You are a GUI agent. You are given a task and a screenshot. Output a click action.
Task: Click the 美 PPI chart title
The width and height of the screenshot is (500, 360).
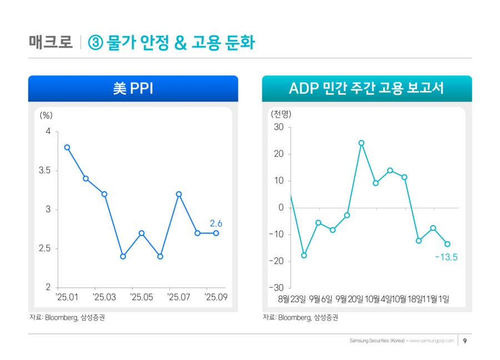[133, 88]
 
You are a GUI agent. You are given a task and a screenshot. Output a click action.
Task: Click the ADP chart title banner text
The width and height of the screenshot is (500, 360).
[367, 88]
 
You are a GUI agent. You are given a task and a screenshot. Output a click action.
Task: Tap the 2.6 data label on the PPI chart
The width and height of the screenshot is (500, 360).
[216, 223]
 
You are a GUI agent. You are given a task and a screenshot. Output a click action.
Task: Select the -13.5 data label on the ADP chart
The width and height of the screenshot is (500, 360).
[446, 257]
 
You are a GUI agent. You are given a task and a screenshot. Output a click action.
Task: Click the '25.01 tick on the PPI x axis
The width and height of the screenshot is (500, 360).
[68, 298]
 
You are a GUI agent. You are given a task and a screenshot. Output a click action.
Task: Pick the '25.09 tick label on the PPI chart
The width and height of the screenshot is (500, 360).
[216, 298]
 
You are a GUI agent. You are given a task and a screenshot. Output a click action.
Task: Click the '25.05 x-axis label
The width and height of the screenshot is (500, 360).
[142, 298]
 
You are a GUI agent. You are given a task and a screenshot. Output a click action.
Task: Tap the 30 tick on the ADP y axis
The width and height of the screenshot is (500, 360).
[278, 127]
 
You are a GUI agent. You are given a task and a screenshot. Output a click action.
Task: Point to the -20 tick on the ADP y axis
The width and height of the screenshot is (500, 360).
[276, 261]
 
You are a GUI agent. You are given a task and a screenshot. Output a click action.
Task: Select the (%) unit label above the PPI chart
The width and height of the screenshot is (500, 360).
[46, 116]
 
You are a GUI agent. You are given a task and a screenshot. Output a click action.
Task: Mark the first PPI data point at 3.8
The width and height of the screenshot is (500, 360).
[67, 147]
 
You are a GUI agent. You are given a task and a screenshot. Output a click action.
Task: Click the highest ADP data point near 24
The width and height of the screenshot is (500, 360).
[361, 143]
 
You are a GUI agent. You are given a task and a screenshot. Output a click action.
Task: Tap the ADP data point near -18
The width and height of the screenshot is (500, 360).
[304, 256]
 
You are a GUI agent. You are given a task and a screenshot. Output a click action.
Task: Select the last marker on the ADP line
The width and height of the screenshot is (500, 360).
[447, 244]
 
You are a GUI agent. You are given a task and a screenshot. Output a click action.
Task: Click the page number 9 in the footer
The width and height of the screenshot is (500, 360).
[464, 341]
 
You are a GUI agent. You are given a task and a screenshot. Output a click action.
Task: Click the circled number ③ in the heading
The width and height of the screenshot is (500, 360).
[95, 43]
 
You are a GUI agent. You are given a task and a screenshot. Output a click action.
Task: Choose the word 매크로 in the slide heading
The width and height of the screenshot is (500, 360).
[51, 43]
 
